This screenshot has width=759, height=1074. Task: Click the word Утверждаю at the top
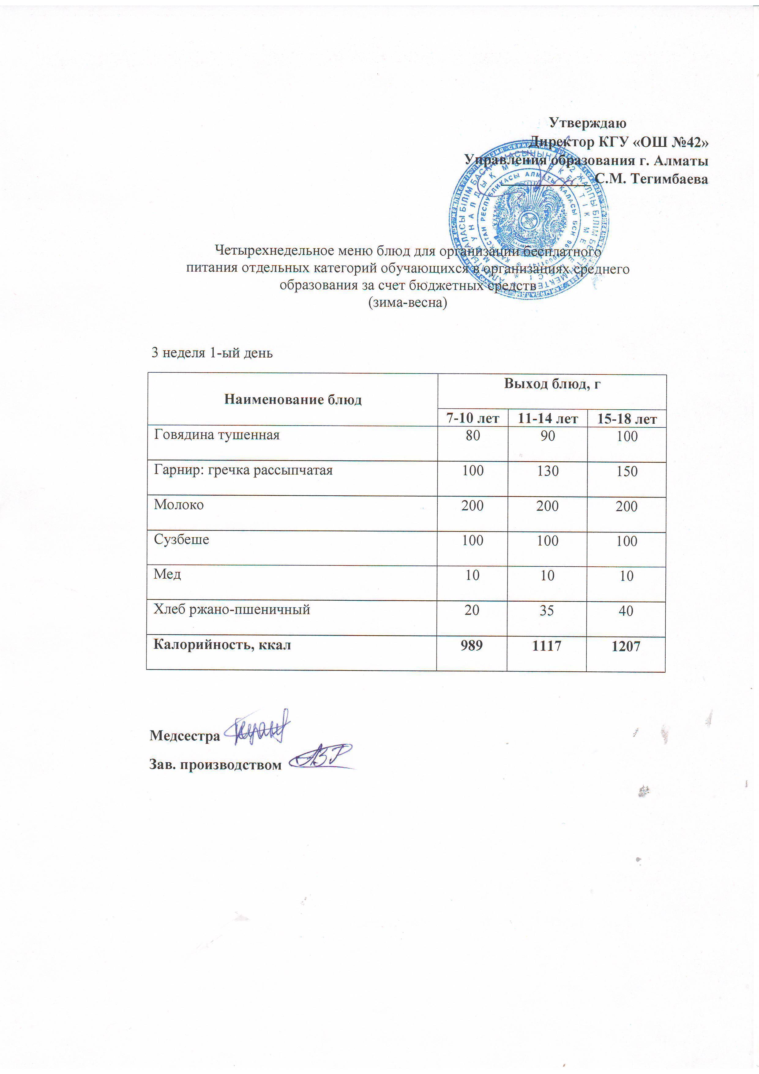(x=587, y=123)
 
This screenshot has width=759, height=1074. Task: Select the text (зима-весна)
(x=407, y=303)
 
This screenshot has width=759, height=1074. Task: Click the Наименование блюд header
(x=293, y=400)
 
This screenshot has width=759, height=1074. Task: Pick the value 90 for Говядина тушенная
(x=548, y=436)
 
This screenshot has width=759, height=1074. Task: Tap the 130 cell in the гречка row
(x=548, y=471)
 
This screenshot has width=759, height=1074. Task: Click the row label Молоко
(x=179, y=505)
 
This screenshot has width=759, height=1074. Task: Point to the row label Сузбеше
(x=181, y=540)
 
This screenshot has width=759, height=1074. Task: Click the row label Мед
(x=167, y=574)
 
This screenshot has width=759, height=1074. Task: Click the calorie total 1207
(x=626, y=647)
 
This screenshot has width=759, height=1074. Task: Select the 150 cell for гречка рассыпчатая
(x=627, y=471)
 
